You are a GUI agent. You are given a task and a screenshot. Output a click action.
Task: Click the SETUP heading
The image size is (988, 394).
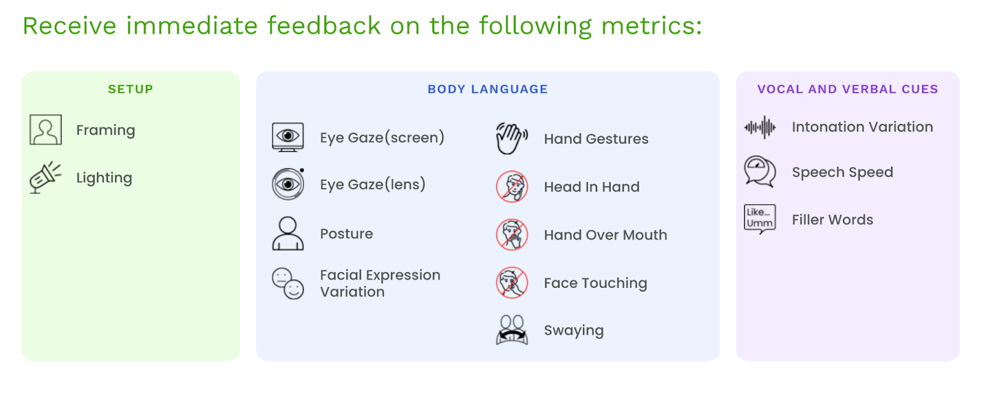point(130,89)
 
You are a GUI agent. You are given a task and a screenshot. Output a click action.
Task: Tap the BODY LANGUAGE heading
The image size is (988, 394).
point(488,89)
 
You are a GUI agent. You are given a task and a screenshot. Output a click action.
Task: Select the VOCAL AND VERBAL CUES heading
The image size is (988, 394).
point(848,89)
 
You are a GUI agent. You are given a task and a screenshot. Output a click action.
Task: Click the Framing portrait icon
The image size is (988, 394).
point(46,130)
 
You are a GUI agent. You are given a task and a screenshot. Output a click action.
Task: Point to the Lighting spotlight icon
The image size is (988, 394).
point(46,177)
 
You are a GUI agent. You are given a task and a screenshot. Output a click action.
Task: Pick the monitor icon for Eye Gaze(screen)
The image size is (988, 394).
point(288,137)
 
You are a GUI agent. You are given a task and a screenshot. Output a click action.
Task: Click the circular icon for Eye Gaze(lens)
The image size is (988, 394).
point(288,183)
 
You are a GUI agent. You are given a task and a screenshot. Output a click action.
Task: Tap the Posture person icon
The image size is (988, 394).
point(288,233)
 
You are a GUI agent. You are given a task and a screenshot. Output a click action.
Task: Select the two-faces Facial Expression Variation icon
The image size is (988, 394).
point(288,283)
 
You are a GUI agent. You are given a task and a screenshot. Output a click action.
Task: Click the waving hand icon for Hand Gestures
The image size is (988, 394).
point(512,138)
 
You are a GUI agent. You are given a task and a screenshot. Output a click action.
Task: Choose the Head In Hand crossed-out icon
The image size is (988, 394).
point(512,187)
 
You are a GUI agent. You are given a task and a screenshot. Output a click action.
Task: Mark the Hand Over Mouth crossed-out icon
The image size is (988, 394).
point(512,235)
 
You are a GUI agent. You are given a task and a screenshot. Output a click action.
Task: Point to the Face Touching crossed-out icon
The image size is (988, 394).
point(512,283)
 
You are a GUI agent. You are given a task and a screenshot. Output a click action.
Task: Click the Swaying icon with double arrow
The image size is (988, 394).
point(512,330)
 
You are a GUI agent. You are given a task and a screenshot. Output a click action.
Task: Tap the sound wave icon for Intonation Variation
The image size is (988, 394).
point(760,127)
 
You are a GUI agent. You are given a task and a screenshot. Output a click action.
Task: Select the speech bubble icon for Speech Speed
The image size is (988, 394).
point(760,172)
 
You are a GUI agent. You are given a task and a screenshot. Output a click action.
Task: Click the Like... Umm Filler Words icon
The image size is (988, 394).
point(760,219)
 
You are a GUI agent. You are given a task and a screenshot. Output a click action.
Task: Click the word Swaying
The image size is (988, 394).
point(574,331)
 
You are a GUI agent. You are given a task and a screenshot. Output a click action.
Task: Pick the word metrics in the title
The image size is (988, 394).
point(651,25)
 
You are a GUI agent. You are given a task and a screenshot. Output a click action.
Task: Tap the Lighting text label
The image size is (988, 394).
point(104,178)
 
